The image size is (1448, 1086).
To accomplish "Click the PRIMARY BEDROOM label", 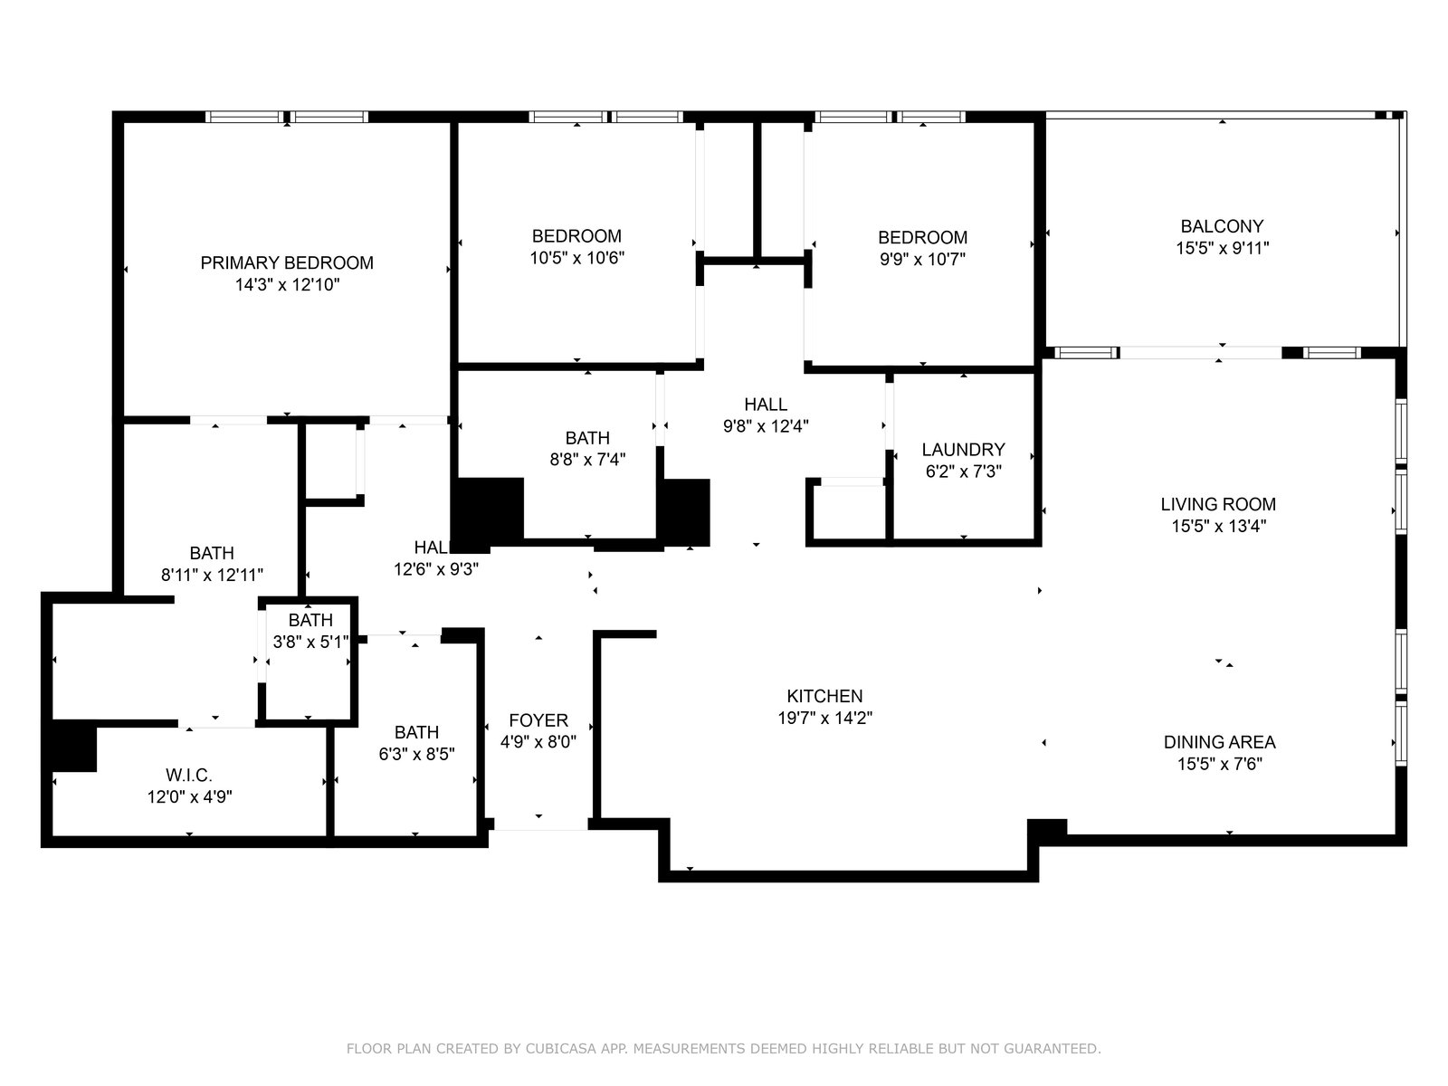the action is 286,262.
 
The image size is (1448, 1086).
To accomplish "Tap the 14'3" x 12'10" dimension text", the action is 287,285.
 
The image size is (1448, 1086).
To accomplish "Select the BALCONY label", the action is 1222,226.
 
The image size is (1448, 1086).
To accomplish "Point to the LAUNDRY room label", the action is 963,450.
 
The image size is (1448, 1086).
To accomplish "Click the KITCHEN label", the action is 824,696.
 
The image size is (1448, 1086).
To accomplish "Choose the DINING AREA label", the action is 1219,742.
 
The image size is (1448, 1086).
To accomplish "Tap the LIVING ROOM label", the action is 1218,504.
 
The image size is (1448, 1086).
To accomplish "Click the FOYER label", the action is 538,720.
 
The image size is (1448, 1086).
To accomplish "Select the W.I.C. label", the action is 188,775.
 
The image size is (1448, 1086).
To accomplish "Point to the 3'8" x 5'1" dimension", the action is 310,642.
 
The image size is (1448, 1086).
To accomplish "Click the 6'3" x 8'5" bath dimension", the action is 416,754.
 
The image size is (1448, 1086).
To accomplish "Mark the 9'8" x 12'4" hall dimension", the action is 766,426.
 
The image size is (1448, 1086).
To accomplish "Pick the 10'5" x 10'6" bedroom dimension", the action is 576,258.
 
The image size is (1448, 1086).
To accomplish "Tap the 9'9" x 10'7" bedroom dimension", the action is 922,259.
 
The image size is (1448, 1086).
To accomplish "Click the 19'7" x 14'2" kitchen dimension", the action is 824,718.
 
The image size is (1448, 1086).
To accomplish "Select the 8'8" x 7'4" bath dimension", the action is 587,460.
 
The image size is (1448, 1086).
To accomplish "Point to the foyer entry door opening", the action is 540,824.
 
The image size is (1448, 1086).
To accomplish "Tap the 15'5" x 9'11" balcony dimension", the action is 1222,249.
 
